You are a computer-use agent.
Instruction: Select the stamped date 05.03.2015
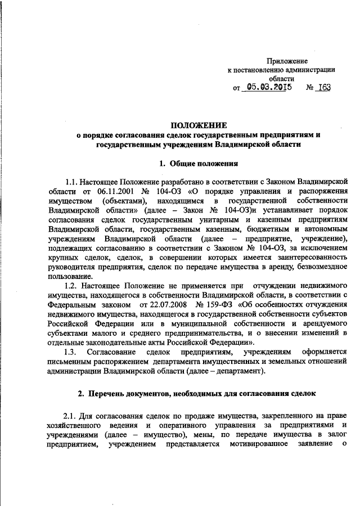pyautogui.click(x=268, y=88)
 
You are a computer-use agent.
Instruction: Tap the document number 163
pyautogui.click(x=322, y=88)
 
